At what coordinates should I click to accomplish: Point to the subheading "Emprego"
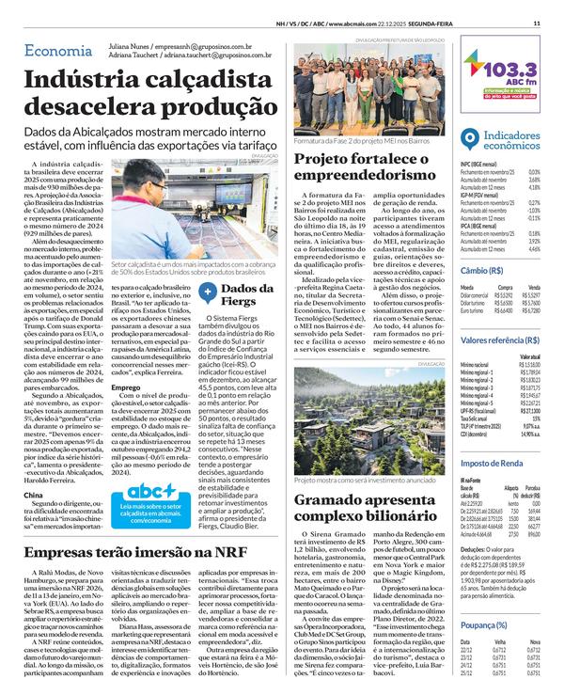[126, 387]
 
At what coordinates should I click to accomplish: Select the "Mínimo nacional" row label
[478, 362]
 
